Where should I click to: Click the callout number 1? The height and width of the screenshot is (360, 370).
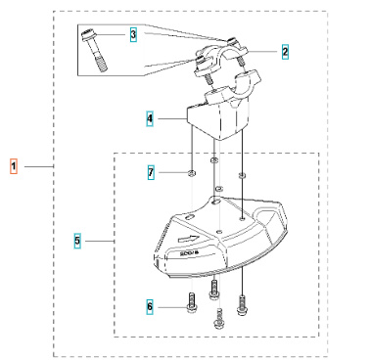tap(14, 167)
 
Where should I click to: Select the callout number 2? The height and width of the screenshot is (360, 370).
tap(285, 51)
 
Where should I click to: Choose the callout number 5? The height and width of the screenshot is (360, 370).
tap(78, 238)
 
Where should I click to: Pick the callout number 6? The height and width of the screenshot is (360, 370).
tap(150, 307)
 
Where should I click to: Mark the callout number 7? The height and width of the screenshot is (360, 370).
tap(150, 172)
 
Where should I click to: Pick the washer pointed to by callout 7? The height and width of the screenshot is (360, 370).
tap(191, 173)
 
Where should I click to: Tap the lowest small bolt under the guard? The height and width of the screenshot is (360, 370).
tap(219, 318)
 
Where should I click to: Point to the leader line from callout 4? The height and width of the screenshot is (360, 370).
tap(168, 118)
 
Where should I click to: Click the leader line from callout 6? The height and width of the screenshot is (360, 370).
tap(168, 308)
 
